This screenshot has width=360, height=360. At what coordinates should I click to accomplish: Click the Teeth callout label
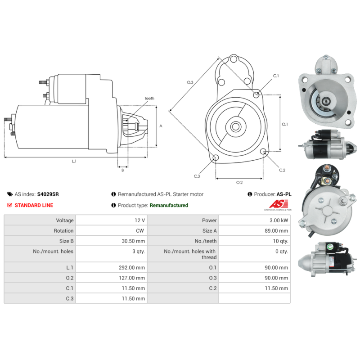[x=149, y=98]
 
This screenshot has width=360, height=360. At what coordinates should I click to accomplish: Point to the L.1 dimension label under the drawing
[x=74, y=161]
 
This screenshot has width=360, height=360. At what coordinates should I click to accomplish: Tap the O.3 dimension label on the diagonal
[x=190, y=82]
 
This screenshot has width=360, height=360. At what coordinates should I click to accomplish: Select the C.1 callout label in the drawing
[x=276, y=76]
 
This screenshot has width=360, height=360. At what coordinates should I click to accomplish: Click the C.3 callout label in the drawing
[x=197, y=176]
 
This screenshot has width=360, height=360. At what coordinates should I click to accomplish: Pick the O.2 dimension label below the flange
[x=239, y=182]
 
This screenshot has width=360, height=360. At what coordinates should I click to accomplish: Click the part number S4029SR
[x=48, y=194]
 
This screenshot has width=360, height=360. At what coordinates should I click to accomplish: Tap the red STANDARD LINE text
[x=34, y=205]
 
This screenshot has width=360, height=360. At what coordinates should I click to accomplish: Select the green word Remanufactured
[x=169, y=205]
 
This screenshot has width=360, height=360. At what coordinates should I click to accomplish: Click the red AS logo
[x=279, y=204]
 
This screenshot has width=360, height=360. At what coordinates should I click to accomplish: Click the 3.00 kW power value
[x=279, y=220]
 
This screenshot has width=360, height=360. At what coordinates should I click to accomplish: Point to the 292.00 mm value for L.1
[x=132, y=267]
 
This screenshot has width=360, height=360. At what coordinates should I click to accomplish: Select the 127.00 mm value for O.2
[x=132, y=278]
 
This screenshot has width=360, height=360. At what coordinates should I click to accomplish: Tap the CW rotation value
[x=140, y=231]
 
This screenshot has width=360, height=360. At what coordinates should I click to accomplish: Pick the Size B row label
[x=66, y=241]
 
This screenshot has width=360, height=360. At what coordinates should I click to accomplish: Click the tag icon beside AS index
[x=10, y=194]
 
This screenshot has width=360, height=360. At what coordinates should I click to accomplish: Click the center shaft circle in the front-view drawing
[x=235, y=126]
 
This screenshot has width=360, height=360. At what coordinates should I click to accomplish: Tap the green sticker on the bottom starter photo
[x=330, y=247]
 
